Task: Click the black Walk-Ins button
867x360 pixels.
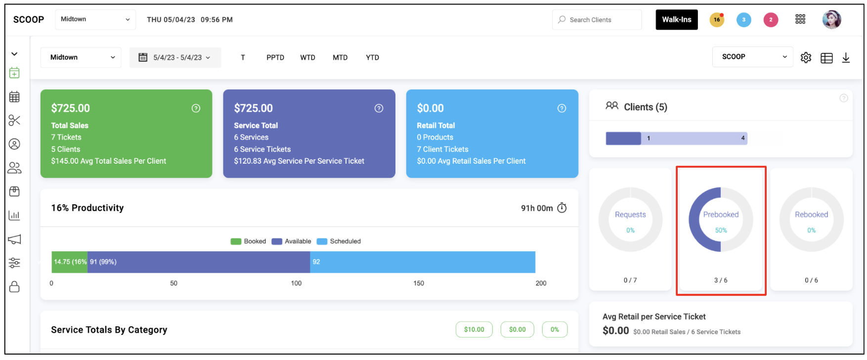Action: click(x=676, y=20)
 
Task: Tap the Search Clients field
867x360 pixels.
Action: click(x=597, y=20)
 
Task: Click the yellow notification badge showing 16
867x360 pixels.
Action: click(x=717, y=20)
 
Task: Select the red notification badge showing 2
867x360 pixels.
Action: click(x=771, y=20)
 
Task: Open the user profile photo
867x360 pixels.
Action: click(x=831, y=20)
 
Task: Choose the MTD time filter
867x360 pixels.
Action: click(x=340, y=57)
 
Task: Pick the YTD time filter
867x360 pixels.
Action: click(x=373, y=57)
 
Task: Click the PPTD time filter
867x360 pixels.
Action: click(x=275, y=57)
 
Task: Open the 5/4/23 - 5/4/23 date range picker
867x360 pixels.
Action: click(x=175, y=57)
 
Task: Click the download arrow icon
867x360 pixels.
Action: click(x=846, y=58)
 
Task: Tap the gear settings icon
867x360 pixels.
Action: click(x=806, y=58)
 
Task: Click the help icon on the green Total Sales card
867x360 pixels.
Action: click(x=196, y=108)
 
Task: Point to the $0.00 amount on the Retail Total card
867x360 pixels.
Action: click(x=430, y=108)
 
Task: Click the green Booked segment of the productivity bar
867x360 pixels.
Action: click(x=70, y=262)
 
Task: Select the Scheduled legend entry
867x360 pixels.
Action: click(x=339, y=241)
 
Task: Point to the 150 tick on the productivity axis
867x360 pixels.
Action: click(x=419, y=283)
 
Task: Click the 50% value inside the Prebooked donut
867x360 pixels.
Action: click(x=721, y=230)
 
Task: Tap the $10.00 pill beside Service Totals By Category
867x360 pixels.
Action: click(x=474, y=329)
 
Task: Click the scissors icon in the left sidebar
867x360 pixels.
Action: click(x=14, y=120)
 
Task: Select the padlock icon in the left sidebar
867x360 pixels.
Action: click(x=14, y=287)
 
